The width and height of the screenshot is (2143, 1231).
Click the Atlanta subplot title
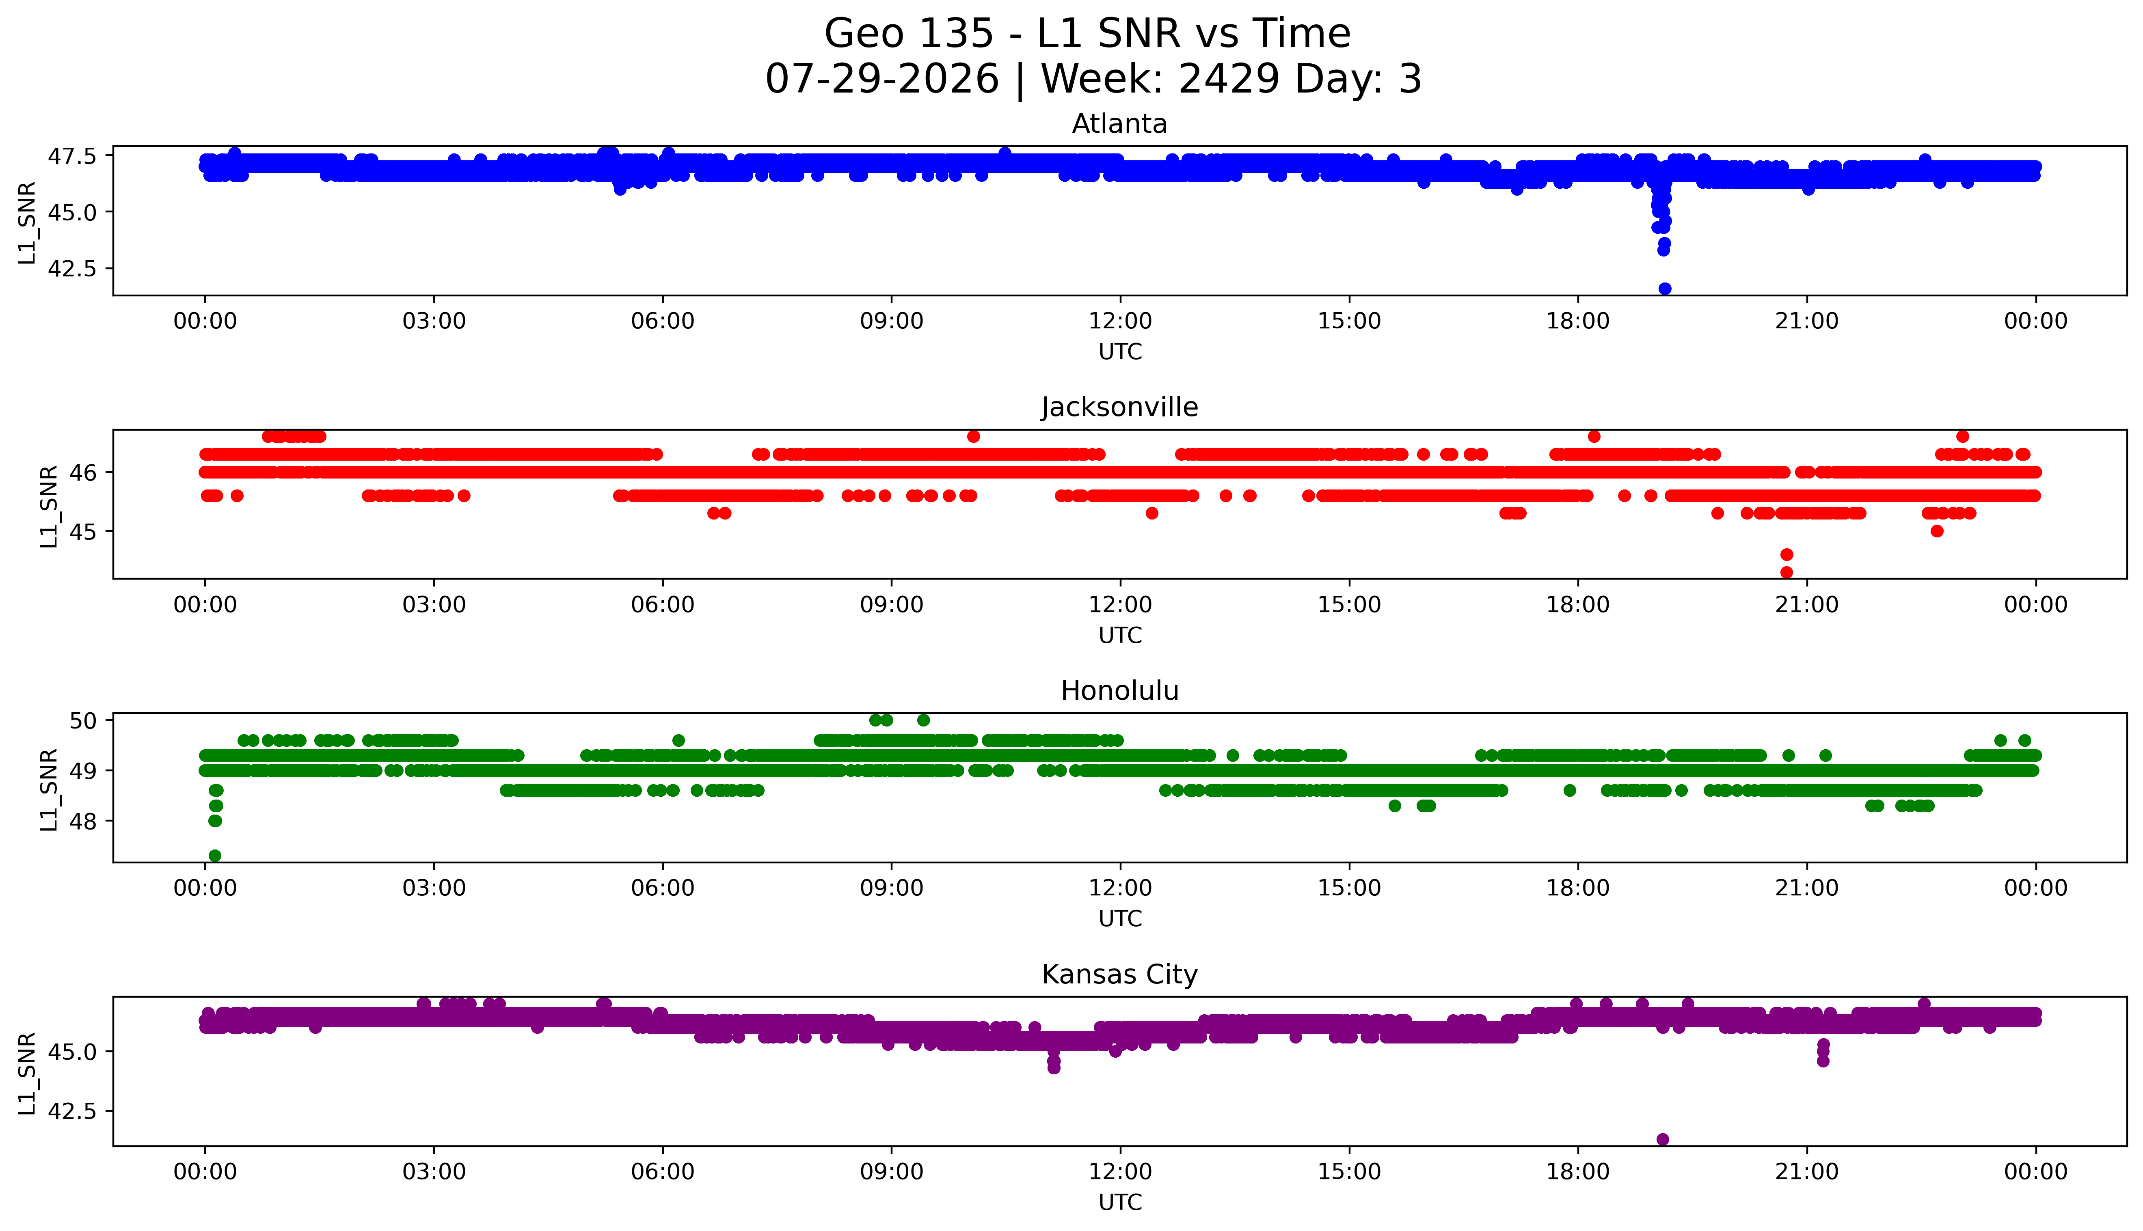click(x=1120, y=124)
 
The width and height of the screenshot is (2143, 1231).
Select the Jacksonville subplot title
click(x=1120, y=407)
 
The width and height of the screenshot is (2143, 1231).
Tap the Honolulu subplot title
click(x=1120, y=691)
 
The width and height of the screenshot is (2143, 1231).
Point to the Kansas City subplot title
click(x=1120, y=975)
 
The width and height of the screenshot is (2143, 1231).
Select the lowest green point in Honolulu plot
click(x=215, y=856)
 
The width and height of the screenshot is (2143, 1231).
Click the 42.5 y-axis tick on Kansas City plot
click(x=74, y=1110)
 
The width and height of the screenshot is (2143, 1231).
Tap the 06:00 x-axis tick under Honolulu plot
click(x=662, y=888)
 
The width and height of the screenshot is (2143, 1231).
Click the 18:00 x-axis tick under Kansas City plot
click(x=1578, y=1172)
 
